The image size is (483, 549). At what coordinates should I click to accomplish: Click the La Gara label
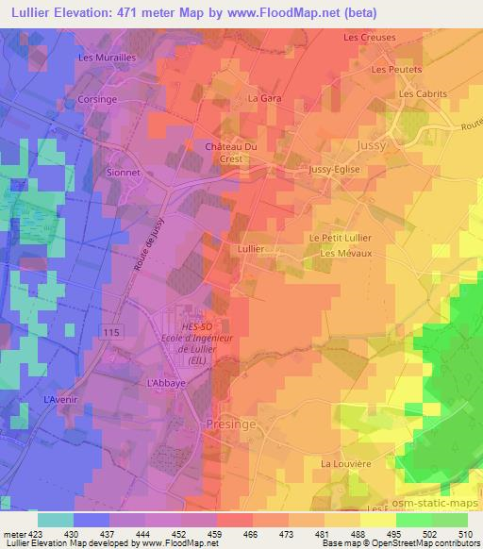pos(259,97)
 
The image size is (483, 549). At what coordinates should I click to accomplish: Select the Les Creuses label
pos(370,38)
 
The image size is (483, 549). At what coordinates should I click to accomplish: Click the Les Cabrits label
pos(421,94)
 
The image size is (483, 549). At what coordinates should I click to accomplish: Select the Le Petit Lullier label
pos(340,238)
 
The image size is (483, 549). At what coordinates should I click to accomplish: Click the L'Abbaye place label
pos(165,384)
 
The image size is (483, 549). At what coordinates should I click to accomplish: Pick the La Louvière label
pos(343,464)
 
